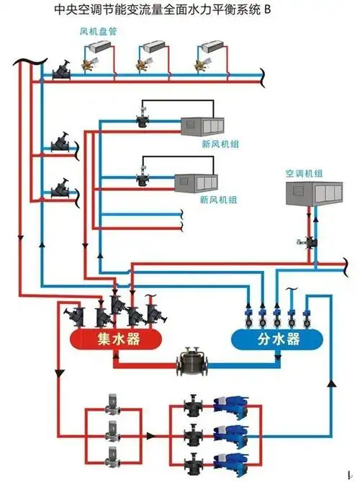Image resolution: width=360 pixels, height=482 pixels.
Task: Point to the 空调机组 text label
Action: [305, 174]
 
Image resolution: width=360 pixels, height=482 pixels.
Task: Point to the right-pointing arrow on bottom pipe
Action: [150, 436]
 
